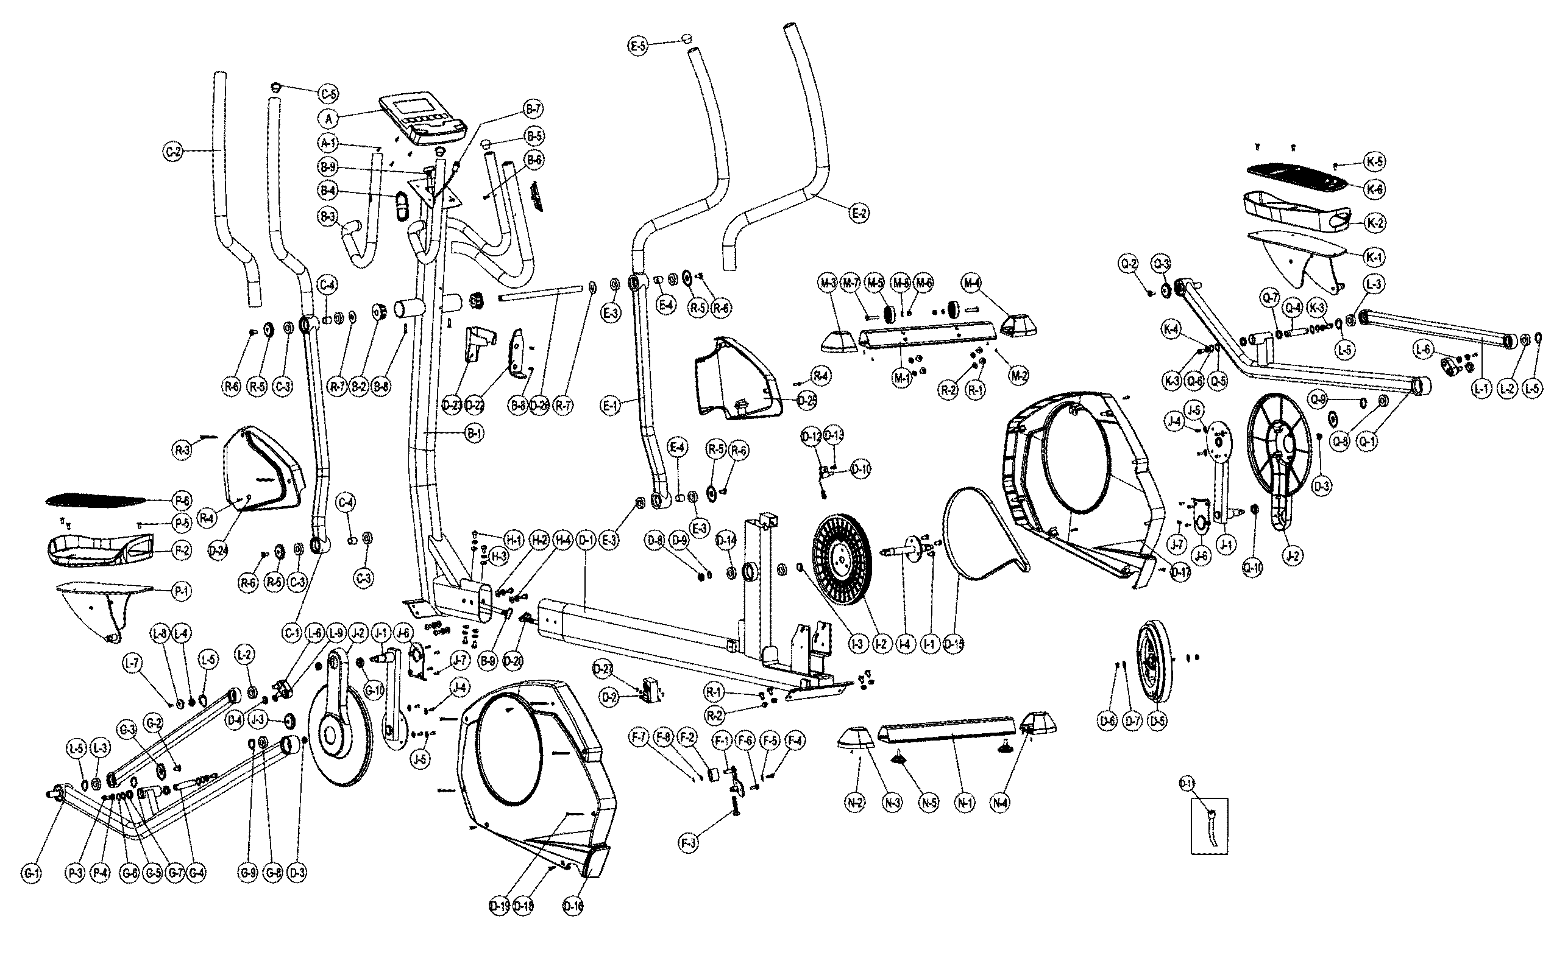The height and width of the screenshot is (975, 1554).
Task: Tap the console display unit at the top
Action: (422, 120)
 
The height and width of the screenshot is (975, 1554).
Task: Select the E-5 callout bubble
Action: (639, 45)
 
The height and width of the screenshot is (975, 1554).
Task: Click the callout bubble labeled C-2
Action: (172, 152)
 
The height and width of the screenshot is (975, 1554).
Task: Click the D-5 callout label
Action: (1158, 721)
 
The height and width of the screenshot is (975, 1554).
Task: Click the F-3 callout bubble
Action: (689, 842)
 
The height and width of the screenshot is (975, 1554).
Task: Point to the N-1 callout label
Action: (965, 803)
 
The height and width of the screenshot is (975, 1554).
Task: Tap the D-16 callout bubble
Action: (573, 906)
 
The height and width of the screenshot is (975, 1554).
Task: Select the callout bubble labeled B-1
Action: (474, 434)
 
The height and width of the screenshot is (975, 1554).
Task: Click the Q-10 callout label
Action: (1252, 568)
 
